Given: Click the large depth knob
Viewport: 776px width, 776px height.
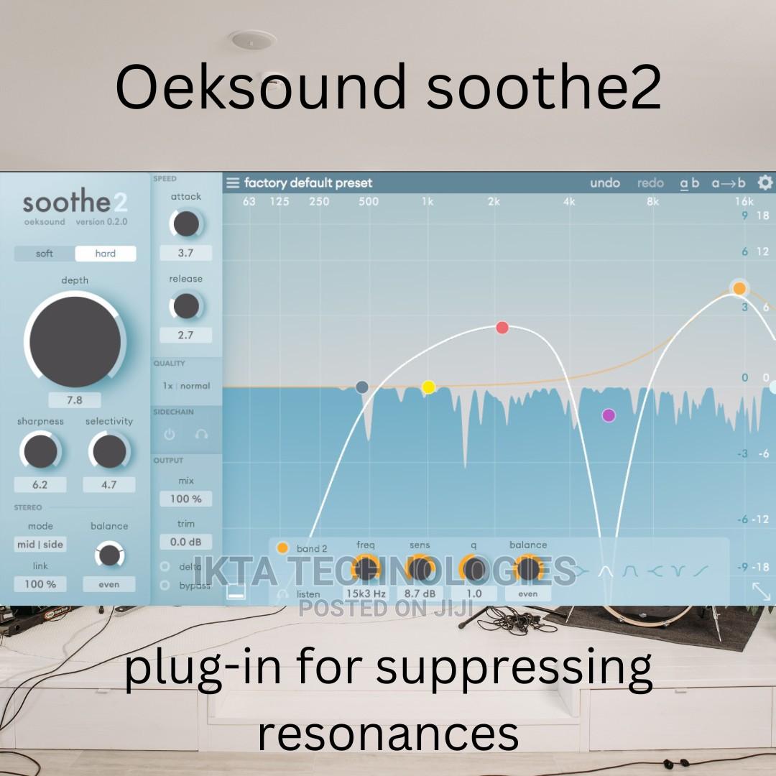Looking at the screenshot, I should (75, 342).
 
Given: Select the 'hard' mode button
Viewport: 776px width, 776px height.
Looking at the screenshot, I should (106, 254).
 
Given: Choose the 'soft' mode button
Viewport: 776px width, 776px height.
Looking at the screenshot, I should (45, 254).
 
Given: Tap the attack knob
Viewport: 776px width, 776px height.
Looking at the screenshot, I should (186, 224).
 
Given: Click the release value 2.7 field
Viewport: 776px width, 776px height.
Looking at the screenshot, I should (185, 335).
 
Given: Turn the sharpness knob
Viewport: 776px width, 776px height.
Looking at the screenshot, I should (40, 452).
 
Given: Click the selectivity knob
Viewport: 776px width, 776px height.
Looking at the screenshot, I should (108, 452).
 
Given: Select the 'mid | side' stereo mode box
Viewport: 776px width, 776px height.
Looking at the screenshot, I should (40, 545).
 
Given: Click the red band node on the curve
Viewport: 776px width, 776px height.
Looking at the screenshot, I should (502, 328).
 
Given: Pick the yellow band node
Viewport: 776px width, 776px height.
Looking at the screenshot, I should (428, 387).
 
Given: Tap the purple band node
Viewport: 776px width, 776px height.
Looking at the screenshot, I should (609, 415).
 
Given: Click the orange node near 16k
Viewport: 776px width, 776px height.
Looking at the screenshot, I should (739, 288).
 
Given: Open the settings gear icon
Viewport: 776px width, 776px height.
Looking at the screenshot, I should (765, 183).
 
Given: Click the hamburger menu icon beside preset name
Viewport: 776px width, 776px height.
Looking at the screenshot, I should (233, 183).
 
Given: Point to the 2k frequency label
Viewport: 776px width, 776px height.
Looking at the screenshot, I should (494, 201).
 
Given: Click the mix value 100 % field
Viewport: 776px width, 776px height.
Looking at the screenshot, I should (185, 499).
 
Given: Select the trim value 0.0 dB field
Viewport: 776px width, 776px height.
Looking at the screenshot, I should (185, 542).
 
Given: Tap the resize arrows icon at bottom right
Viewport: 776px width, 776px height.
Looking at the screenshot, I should (761, 591).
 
